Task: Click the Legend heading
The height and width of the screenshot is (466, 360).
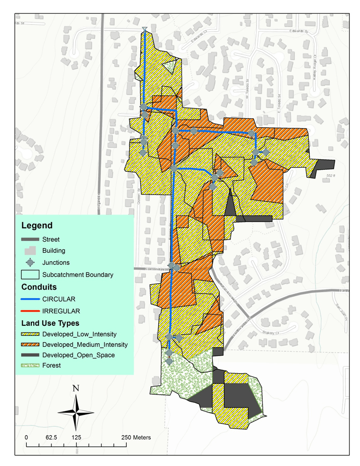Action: (x=37, y=226)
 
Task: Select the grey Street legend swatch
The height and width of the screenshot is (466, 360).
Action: (x=30, y=239)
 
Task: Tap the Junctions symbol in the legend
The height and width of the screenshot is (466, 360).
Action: (x=30, y=263)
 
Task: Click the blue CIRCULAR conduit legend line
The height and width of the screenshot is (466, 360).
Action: (x=30, y=299)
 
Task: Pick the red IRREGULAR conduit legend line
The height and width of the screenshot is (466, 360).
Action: (x=30, y=311)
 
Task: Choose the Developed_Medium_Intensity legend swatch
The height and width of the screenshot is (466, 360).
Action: (x=30, y=345)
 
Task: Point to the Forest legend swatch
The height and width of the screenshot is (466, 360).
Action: (x=30, y=366)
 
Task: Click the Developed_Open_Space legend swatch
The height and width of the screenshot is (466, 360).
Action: (x=30, y=355)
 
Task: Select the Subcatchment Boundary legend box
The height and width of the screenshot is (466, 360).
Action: (x=30, y=275)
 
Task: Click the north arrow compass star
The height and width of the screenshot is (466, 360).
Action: (x=76, y=412)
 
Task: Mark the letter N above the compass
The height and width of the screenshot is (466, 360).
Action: (x=76, y=388)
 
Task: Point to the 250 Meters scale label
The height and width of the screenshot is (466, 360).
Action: (x=136, y=437)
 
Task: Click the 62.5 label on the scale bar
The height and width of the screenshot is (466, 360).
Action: (x=52, y=437)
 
